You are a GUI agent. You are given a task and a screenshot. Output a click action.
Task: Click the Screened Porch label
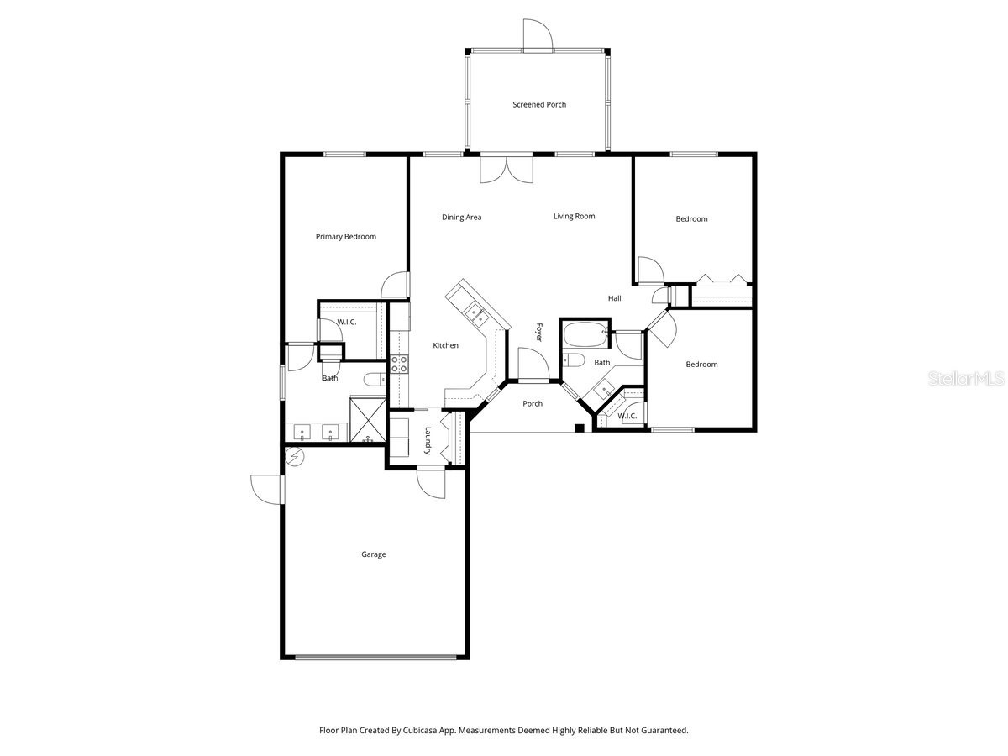[x=539, y=105]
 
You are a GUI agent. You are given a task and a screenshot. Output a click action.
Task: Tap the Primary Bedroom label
[x=345, y=237]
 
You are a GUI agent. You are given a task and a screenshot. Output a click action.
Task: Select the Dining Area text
[x=461, y=218]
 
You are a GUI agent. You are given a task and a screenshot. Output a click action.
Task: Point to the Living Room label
[x=574, y=217]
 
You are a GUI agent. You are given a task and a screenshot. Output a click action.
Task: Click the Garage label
[x=374, y=554]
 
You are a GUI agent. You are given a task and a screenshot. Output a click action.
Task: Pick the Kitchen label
[x=445, y=345]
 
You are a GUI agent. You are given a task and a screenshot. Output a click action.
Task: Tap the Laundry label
[x=428, y=442]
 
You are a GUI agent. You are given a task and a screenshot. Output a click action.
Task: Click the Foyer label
[x=538, y=333]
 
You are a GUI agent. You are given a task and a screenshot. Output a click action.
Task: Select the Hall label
[x=614, y=298]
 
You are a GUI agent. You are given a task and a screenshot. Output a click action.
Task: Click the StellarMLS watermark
[x=965, y=380]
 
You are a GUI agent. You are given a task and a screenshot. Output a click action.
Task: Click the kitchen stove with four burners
[x=399, y=364]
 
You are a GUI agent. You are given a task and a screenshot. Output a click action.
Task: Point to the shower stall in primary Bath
[x=367, y=421]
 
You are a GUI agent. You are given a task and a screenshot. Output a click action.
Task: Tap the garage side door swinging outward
[x=268, y=489]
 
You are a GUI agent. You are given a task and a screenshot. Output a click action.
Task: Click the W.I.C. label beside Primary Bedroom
[x=348, y=323]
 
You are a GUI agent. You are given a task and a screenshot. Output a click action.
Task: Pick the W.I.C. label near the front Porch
[x=627, y=417]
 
